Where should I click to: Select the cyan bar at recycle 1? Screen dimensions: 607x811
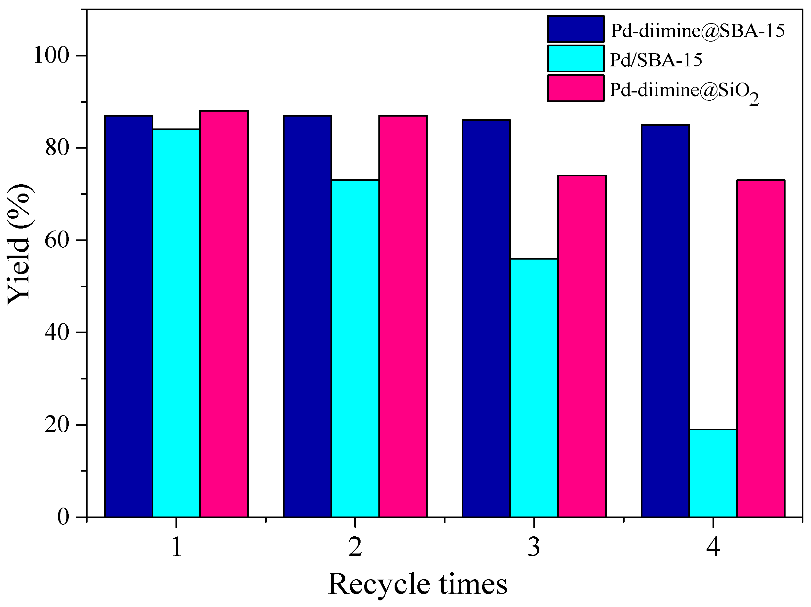[x=176, y=323]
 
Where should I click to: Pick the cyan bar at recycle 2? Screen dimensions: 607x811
[x=355, y=348]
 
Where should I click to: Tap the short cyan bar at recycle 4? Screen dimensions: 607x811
[x=713, y=473]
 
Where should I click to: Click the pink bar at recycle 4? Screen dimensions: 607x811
[x=761, y=348]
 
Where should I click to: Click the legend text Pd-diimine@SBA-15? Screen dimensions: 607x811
[x=698, y=31]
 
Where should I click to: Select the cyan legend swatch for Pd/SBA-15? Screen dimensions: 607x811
[x=576, y=58]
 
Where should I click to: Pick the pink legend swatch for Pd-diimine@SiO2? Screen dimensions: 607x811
[x=576, y=88]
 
